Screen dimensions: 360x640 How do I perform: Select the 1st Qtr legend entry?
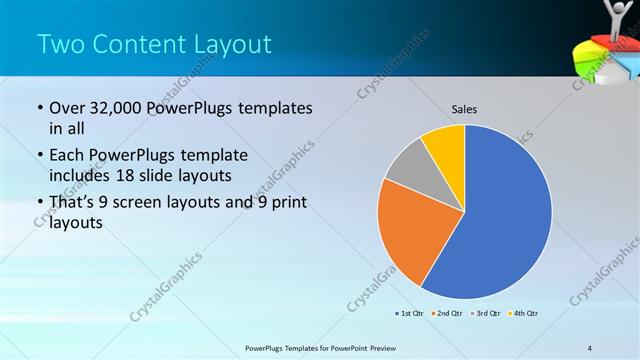pos(411,314)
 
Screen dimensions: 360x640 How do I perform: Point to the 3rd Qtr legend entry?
pos(486,314)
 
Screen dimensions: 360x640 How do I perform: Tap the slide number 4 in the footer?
pos(591,347)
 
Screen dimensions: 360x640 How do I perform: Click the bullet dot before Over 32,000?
pos(39,109)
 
